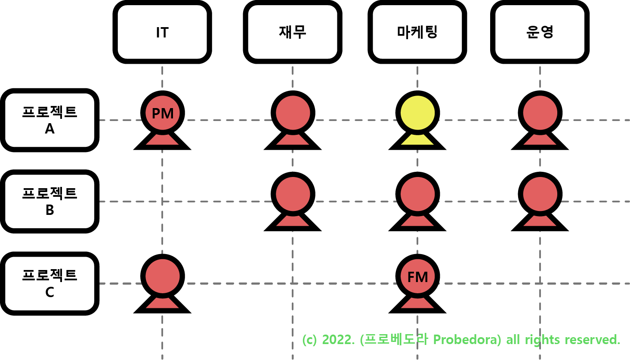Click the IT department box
pos(162,32)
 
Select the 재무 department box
pos(293,32)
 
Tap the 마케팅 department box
pos(417,32)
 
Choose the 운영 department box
pos(540,32)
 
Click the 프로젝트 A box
pos(49,120)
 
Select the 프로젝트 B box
pos(49,202)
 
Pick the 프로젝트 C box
pos(49,283)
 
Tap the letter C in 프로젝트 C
pos(49,292)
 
